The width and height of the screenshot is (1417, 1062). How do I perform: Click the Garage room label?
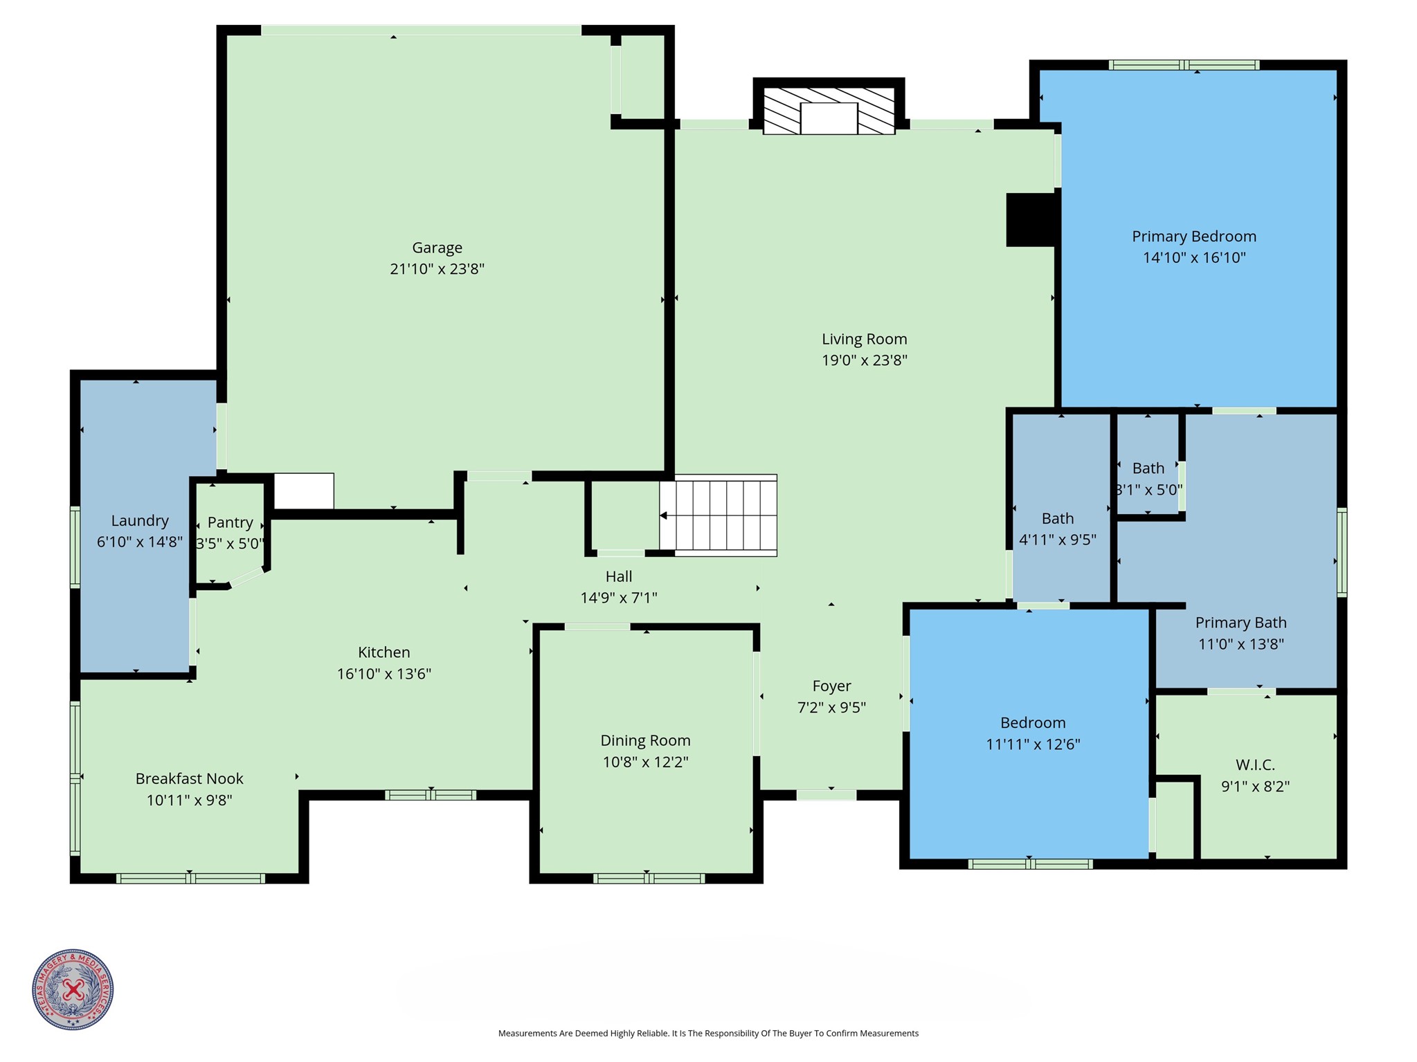pyautogui.click(x=437, y=248)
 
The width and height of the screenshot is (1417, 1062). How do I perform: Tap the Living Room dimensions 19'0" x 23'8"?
pyautogui.click(x=864, y=360)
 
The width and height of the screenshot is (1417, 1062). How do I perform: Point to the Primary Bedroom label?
pyautogui.click(x=1193, y=237)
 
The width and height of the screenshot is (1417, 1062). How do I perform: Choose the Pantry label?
pyautogui.click(x=230, y=522)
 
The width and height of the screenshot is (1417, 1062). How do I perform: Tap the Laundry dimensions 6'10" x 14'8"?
pyautogui.click(x=139, y=542)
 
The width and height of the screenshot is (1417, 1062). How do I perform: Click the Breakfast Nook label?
pyautogui.click(x=189, y=778)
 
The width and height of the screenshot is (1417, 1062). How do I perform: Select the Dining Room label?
pyautogui.click(x=645, y=740)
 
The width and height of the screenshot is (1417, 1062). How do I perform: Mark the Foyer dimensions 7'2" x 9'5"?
pyautogui.click(x=831, y=707)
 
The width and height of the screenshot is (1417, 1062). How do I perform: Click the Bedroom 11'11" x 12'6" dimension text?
pyautogui.click(x=1032, y=744)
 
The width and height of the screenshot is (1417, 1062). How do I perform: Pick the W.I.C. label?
pyautogui.click(x=1254, y=765)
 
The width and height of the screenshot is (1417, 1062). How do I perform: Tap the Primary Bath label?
pyautogui.click(x=1240, y=623)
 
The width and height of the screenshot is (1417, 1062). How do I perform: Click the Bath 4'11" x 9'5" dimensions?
pyautogui.click(x=1057, y=540)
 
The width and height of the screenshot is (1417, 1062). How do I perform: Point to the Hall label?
pyautogui.click(x=618, y=576)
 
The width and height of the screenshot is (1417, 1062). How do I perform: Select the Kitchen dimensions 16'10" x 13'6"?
pyautogui.click(x=383, y=674)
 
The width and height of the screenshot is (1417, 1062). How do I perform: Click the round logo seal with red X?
pyautogui.click(x=73, y=989)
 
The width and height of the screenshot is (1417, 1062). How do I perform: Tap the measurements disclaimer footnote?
pyautogui.click(x=708, y=1034)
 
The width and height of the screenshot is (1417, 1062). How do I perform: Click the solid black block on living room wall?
pyautogui.click(x=1030, y=219)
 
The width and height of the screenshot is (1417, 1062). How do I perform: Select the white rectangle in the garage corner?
pyautogui.click(x=304, y=491)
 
